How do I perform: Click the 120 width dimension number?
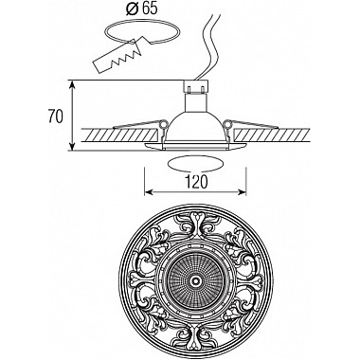tap(195, 179)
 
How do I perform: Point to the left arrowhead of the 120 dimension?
tap(147, 190)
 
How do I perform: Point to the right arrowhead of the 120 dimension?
tap(247, 190)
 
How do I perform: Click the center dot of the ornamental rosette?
tap(196, 279)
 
